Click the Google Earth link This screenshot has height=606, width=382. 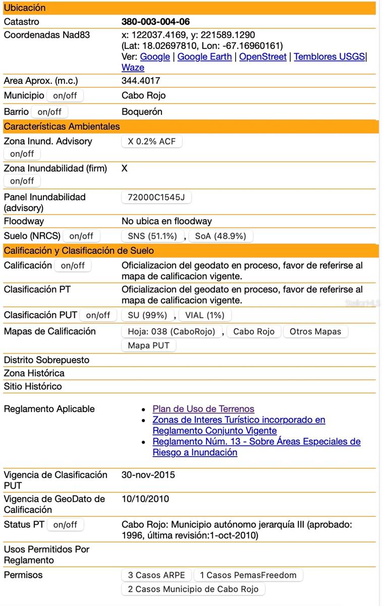[204, 57]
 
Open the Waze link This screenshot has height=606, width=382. [133, 68]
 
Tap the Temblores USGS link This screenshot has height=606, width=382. [329, 57]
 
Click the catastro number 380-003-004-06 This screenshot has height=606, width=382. [155, 22]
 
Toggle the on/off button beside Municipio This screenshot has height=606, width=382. [65, 95]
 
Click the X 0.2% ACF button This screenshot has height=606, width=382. [152, 141]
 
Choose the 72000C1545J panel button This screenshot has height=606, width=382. [156, 197]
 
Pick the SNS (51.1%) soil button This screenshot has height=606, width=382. [152, 236]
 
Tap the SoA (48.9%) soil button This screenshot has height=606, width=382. [221, 236]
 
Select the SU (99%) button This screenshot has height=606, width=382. [147, 315]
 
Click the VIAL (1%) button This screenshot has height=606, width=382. [205, 315]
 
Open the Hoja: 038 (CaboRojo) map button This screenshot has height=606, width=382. [172, 332]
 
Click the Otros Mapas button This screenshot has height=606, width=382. [315, 332]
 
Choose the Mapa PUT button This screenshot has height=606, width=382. [149, 346]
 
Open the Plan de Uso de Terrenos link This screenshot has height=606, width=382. [203, 409]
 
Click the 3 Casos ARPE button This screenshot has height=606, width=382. [156, 575]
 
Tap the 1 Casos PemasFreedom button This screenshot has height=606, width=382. [248, 575]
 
